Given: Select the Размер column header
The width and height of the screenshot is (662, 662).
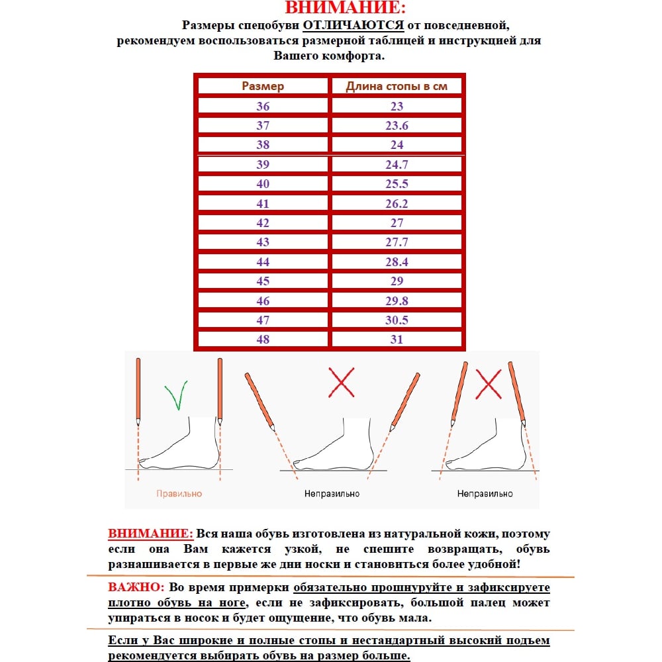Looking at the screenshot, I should tap(263, 86).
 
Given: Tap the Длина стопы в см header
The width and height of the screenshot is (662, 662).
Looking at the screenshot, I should tap(397, 86).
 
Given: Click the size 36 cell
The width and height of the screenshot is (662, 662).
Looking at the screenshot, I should tap(263, 106).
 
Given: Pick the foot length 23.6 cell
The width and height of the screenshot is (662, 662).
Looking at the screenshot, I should tap(397, 126).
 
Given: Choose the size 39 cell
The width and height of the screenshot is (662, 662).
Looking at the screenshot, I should tap(263, 165).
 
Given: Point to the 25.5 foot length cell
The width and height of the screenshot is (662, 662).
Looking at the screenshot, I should tap(397, 184).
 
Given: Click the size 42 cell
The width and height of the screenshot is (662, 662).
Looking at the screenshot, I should tap(263, 223).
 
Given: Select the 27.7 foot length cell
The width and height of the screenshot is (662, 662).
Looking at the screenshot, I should tap(397, 242).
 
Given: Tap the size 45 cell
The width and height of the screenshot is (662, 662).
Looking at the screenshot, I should tap(263, 281).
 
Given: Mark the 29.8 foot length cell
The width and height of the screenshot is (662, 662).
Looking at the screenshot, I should tap(397, 301).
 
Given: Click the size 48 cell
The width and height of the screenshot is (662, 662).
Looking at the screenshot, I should tap(263, 339).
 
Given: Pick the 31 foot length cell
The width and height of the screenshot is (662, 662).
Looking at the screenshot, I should tap(397, 339).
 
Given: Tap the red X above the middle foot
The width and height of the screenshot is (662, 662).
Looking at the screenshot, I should tap(342, 383).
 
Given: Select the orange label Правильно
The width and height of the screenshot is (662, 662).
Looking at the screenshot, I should tap(179, 494).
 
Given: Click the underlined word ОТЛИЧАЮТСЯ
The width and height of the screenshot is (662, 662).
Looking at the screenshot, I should tap(354, 26).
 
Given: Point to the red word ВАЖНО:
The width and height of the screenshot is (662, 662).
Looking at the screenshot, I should tap(136, 588).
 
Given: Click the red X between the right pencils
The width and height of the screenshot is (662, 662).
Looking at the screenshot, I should tap(489, 384).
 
